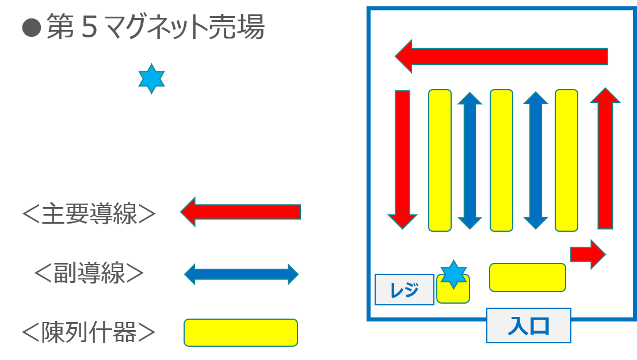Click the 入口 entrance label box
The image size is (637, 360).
pos(528,325)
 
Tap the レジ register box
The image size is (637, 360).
pos(404,289)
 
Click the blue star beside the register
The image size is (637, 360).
pos(453,274)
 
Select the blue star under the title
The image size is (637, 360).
pos(151,79)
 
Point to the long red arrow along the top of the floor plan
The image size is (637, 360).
pos(501,56)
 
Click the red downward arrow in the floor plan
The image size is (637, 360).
pos(402,160)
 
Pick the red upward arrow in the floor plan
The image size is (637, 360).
pos(605,158)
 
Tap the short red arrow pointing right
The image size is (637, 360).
pos(588,255)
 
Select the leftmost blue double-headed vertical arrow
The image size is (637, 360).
pos(470,160)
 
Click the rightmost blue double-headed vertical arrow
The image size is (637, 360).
pos(536,160)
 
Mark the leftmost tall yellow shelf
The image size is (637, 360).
pos(440,160)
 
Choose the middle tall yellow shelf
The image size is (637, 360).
pos(501,160)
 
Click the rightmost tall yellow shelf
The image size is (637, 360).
pos(566,160)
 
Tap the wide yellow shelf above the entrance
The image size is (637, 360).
pos(527,278)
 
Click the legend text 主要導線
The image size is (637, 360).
pos(89,214)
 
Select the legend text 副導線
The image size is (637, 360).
pos(89,273)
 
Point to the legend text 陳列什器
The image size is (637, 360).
pos(89,332)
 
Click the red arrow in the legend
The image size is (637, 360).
pos(241,212)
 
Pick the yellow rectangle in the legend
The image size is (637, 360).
pos(241,333)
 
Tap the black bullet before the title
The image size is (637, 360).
pos(31,28)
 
